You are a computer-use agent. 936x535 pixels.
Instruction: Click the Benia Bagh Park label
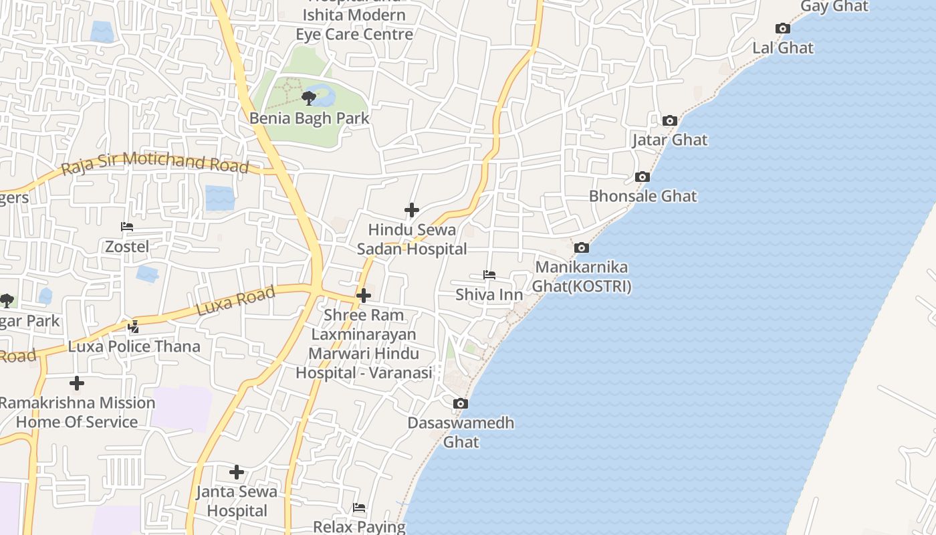[x=309, y=118]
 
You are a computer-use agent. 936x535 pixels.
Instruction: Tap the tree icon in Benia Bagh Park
[x=308, y=99]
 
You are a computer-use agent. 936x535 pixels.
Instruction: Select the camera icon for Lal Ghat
[x=783, y=28]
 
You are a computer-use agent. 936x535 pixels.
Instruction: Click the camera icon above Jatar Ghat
[x=670, y=120]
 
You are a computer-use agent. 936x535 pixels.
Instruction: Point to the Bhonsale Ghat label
[x=642, y=196]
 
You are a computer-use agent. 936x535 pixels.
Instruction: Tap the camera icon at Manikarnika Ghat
[x=582, y=247]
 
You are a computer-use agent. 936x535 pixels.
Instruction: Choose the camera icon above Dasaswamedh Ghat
[x=461, y=403]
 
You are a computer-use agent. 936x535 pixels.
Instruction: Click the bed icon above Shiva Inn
[x=489, y=275]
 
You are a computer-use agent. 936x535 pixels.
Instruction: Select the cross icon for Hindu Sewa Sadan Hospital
[x=412, y=210]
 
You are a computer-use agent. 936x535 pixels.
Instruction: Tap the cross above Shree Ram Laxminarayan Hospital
[x=364, y=295]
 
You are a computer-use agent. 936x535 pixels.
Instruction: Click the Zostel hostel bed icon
[x=127, y=227]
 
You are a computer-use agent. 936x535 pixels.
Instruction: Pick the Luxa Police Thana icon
[x=134, y=327]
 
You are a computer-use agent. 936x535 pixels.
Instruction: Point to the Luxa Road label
[x=235, y=302]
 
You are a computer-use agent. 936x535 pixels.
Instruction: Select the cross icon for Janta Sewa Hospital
[x=237, y=472]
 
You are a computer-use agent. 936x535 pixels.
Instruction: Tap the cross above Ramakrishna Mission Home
[x=77, y=383]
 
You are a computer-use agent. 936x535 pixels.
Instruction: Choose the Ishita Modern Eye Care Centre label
[x=354, y=24]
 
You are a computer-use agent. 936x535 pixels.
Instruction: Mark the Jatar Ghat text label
[x=670, y=140]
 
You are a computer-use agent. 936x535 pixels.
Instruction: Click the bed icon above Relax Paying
[x=359, y=508]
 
